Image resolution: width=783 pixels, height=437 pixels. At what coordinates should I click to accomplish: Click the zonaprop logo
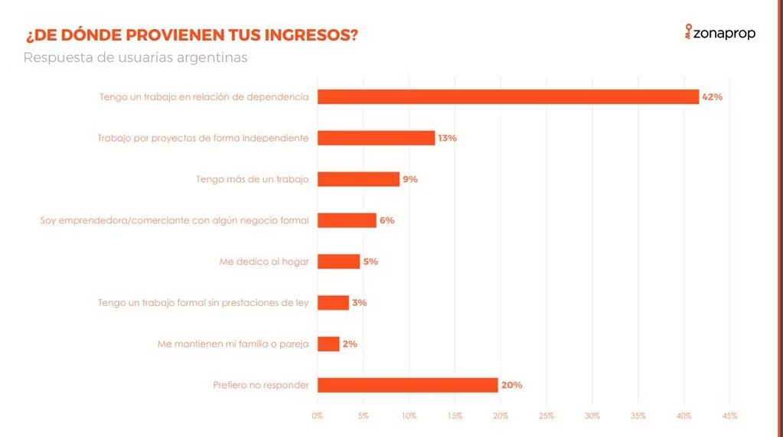719,33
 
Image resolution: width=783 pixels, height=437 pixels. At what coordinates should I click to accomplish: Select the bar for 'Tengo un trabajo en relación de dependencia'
507,97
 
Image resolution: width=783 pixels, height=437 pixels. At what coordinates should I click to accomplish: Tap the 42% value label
712,97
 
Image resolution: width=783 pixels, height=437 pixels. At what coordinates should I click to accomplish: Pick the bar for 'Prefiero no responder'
407,385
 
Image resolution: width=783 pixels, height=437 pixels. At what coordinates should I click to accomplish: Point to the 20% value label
511,385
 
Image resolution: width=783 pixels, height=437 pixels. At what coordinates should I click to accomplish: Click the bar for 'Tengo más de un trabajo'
358,179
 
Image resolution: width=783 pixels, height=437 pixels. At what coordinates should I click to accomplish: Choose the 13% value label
447,139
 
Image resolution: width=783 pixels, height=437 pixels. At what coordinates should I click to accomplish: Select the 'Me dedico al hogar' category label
264,261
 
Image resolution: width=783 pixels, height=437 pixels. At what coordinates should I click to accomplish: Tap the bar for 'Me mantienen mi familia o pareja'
328,344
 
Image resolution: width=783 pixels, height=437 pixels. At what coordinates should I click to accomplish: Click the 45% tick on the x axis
729,416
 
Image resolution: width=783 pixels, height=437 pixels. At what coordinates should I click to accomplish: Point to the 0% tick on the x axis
318,416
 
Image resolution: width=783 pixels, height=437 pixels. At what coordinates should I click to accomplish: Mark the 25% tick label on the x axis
546,416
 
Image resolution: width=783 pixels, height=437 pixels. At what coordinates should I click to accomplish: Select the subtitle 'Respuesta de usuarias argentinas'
135,58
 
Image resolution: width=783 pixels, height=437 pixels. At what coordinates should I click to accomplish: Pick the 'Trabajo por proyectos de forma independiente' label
203,139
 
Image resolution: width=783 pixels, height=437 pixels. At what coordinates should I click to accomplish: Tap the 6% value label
387,220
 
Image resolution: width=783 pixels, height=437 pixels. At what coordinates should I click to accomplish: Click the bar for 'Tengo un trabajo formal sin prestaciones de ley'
333,303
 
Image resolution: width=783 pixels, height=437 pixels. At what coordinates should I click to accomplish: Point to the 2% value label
350,344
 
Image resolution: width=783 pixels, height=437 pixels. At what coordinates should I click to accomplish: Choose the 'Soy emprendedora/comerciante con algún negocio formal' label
175,220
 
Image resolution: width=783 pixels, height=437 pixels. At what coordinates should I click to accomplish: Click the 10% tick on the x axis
409,416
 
